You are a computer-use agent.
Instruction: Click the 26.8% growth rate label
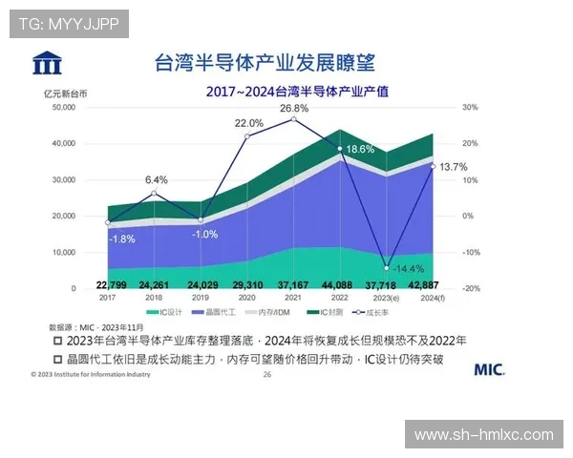293,109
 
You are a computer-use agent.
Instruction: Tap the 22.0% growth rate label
248,123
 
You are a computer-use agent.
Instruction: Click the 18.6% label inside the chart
360,150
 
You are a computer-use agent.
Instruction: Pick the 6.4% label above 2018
157,179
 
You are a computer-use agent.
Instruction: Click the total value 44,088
339,285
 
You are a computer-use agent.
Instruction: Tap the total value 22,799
114,285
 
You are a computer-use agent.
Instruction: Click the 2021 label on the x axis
293,297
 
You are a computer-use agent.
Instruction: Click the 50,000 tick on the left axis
62,108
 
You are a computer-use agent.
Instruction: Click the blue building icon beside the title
47,65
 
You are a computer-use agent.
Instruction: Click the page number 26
267,375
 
